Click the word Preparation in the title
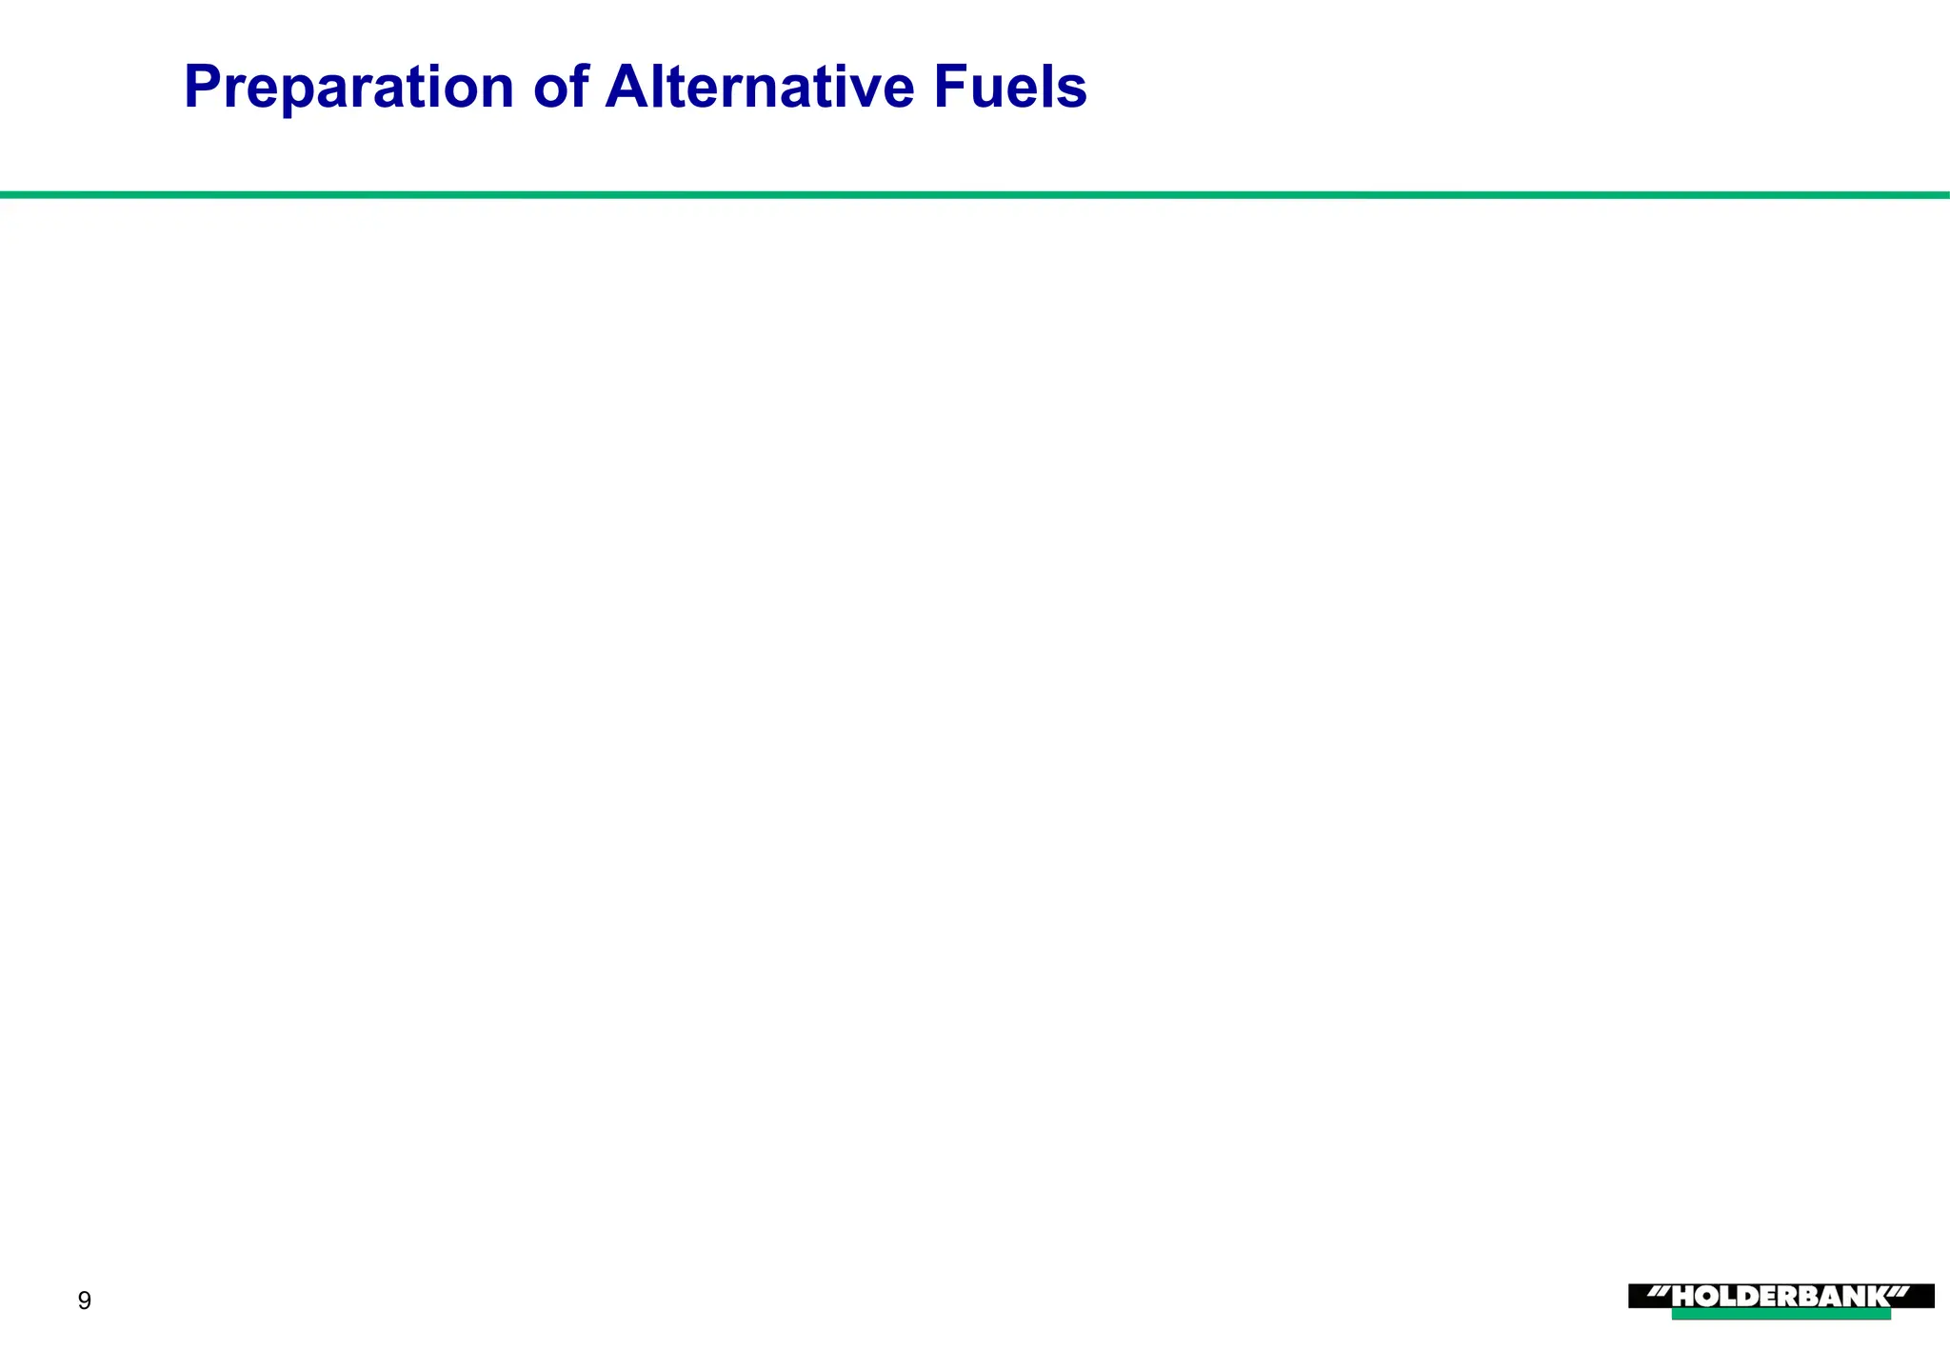click(348, 88)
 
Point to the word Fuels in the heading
click(1010, 88)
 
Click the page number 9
click(85, 1300)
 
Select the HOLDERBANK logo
click(1781, 1297)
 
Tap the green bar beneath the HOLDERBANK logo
click(1781, 1315)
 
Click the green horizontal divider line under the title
click(975, 195)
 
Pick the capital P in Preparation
click(204, 88)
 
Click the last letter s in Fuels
click(1073, 89)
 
